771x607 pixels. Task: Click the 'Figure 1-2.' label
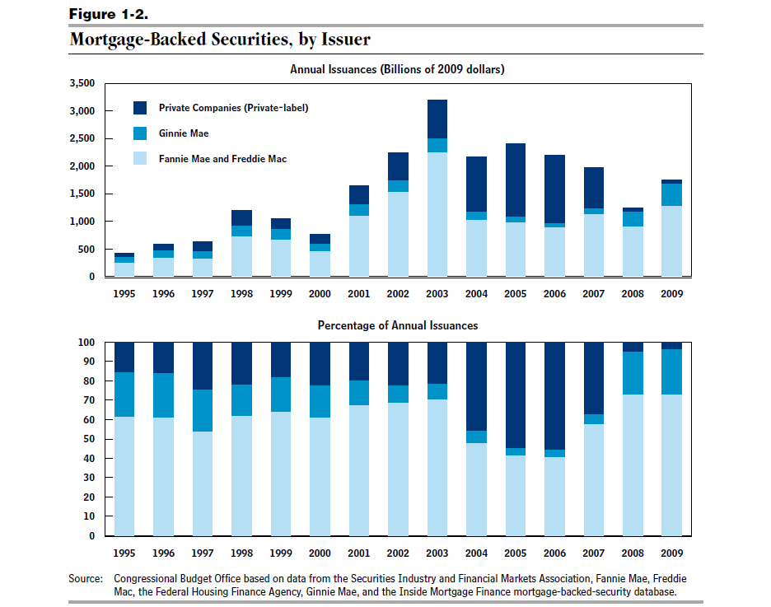coord(108,14)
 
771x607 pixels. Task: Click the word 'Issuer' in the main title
coord(346,39)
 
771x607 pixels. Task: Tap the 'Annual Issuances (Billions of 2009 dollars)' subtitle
coord(397,69)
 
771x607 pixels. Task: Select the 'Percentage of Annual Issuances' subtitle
coord(398,325)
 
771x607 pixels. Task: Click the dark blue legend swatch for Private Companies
coord(140,108)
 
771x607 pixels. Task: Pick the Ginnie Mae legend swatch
coord(140,133)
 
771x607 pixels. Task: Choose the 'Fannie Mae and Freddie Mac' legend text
coord(222,159)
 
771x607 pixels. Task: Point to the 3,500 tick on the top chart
coord(82,83)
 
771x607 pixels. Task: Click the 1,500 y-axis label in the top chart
coord(82,194)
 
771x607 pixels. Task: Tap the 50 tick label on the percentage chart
coord(89,439)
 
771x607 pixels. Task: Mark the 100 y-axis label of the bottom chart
coord(86,342)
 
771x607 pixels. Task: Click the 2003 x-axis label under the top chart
coord(437,294)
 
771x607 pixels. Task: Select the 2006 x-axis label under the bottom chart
coord(554,553)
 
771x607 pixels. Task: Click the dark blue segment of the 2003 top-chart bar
coord(437,119)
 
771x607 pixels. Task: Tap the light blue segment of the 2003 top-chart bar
coord(437,214)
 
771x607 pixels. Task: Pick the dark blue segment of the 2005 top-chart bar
coord(516,180)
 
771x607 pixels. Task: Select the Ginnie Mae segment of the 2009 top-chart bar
coord(671,194)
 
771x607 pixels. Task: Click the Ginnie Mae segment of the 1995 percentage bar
coord(124,395)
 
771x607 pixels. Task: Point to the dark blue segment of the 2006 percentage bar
coord(554,396)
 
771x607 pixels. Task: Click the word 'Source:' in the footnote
coord(86,578)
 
